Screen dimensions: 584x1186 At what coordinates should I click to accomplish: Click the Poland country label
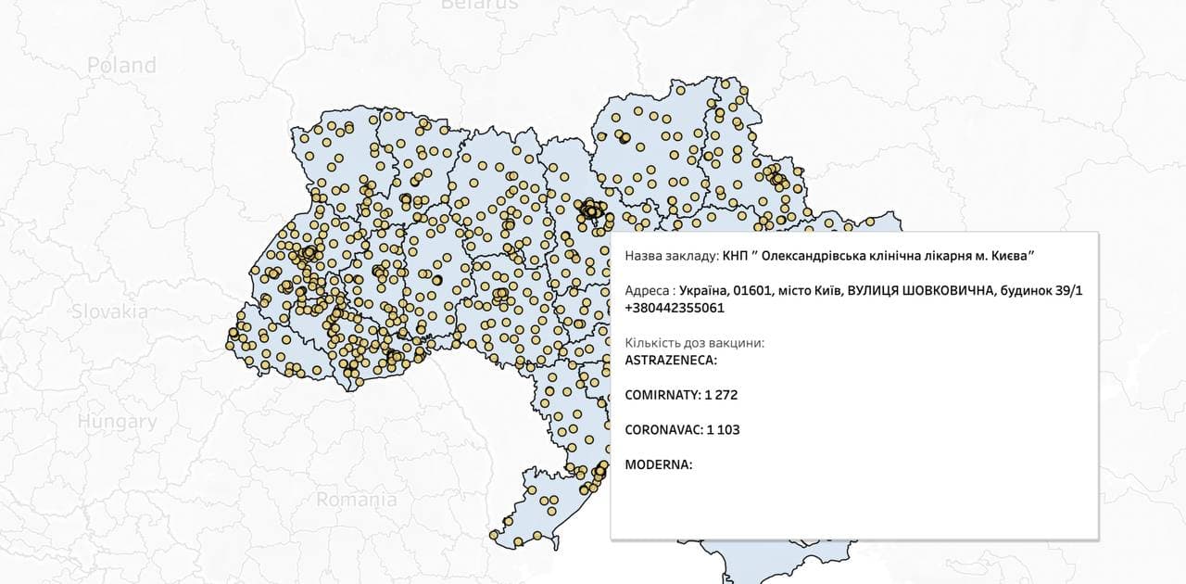click(121, 66)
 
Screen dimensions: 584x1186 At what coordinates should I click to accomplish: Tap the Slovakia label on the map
click(110, 311)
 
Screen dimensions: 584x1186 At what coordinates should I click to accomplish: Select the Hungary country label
click(117, 422)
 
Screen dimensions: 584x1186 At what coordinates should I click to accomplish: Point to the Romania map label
click(357, 500)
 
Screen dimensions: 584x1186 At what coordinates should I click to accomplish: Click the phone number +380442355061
click(675, 308)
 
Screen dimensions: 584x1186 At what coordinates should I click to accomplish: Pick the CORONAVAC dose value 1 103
click(723, 430)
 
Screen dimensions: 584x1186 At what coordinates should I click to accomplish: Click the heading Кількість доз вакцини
click(695, 343)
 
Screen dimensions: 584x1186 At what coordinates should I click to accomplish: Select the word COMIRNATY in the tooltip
click(662, 395)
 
